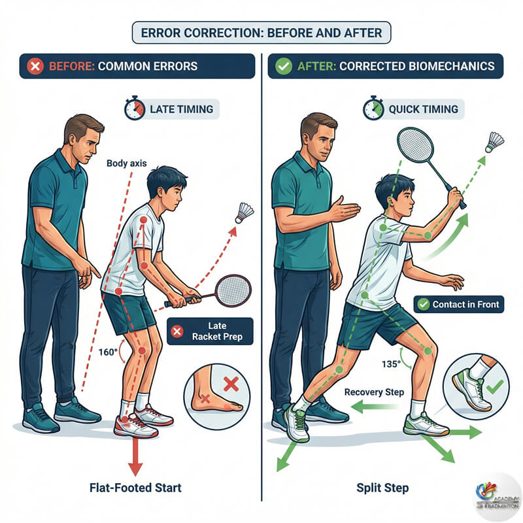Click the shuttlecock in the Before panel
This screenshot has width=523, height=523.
click(x=245, y=213)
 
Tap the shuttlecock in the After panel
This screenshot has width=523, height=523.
click(x=496, y=142)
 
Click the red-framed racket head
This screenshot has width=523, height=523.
click(x=233, y=290)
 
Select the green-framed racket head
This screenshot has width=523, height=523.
click(x=415, y=145)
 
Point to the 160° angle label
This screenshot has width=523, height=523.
click(x=108, y=352)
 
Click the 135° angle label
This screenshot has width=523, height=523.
click(x=391, y=364)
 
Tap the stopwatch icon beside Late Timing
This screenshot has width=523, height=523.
click(x=135, y=108)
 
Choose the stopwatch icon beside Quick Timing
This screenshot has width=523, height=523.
click(x=373, y=108)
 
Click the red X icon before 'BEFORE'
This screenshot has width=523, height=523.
click(x=35, y=66)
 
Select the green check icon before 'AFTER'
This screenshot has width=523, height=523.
click(x=284, y=66)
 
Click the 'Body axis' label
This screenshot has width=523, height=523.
click(x=126, y=163)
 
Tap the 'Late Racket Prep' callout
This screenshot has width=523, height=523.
click(x=210, y=331)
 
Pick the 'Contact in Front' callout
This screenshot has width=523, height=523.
click(x=459, y=304)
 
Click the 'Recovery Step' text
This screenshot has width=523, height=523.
click(x=374, y=392)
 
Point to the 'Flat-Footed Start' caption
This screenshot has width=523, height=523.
click(x=135, y=488)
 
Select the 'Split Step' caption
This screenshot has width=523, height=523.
click(x=382, y=488)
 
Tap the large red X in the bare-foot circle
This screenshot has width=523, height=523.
click(x=231, y=384)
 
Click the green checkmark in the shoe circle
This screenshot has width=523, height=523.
click(x=495, y=387)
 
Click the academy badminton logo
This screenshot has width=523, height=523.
click(x=498, y=497)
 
